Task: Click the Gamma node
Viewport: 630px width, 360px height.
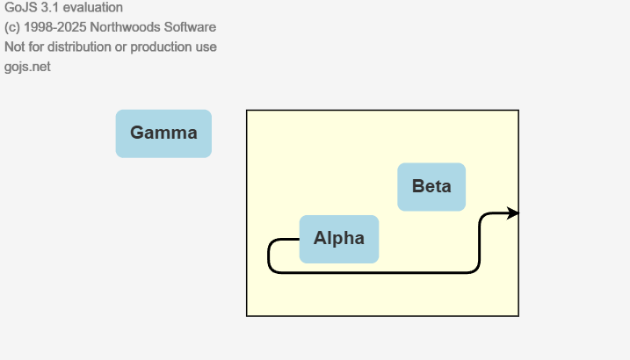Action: tap(163, 133)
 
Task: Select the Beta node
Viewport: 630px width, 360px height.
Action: tap(431, 187)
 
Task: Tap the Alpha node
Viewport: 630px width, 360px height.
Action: tap(339, 239)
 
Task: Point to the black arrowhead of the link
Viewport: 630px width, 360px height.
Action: tap(513, 213)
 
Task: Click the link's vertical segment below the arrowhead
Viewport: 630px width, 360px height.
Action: tap(480, 241)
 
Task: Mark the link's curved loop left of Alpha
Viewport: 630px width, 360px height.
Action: tap(269, 256)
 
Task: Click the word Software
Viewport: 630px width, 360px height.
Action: tap(194, 27)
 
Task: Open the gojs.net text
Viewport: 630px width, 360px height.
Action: tap(27, 66)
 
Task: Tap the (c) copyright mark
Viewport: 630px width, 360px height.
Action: tap(12, 27)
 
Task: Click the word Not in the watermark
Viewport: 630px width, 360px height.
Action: tap(15, 47)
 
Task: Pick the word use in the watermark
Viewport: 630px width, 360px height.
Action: tap(206, 47)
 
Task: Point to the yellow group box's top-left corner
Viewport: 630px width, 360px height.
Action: tap(247, 111)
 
